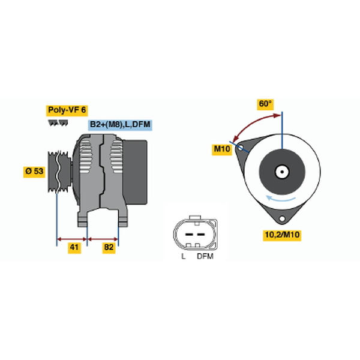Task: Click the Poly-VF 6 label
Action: tap(67, 110)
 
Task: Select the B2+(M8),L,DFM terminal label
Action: tap(120, 125)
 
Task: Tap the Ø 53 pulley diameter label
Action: tap(34, 171)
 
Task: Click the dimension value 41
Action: tap(74, 247)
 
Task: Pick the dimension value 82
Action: tap(109, 247)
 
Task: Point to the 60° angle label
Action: tap(265, 104)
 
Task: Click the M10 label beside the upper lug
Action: tap(221, 149)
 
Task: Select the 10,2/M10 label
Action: tap(282, 235)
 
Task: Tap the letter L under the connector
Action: tap(183, 256)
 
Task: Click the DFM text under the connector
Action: tap(205, 256)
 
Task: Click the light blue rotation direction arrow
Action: tap(280, 198)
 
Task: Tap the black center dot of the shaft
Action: tap(282, 172)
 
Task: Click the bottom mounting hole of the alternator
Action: tap(282, 218)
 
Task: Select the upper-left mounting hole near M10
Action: tap(240, 148)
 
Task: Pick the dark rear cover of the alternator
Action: tap(135, 172)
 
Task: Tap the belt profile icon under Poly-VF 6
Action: tap(58, 123)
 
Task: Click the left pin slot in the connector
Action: tap(189, 235)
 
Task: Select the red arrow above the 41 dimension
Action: tap(72, 239)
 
